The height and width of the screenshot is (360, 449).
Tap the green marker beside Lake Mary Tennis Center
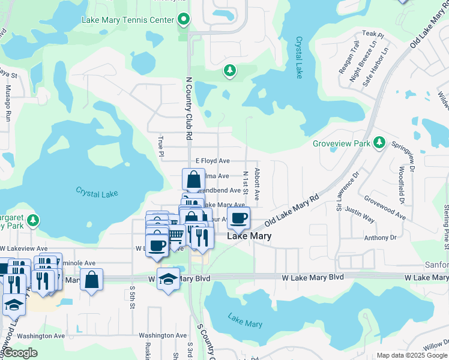pos(184,20)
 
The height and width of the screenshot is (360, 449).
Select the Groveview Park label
pos(341,143)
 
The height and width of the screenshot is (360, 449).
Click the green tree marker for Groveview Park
pos(379,143)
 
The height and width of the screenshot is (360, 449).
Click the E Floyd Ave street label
pos(212,161)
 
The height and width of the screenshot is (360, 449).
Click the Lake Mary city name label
pos(249,236)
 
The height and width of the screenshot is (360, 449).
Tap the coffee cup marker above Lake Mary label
pos(238,218)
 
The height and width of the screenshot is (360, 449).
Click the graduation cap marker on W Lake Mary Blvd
pos(168,279)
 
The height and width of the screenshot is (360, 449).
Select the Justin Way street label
pos(360,216)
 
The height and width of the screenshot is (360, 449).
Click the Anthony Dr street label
pos(385,238)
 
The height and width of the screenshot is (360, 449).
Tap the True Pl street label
pos(160,145)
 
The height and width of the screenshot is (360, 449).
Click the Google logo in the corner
pos(20,353)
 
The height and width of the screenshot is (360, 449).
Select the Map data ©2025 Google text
pos(412,355)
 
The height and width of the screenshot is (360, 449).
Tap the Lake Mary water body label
pos(245,321)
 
